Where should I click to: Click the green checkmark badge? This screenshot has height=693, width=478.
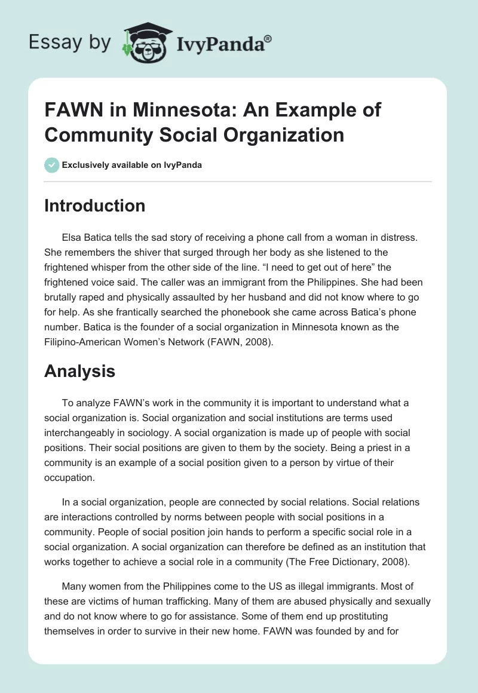pyautogui.click(x=52, y=165)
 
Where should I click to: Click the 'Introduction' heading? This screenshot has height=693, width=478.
pyautogui.click(x=94, y=206)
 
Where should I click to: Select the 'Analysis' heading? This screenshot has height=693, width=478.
pyautogui.click(x=79, y=372)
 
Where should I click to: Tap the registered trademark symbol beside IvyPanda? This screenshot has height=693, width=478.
pyautogui.click(x=269, y=38)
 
